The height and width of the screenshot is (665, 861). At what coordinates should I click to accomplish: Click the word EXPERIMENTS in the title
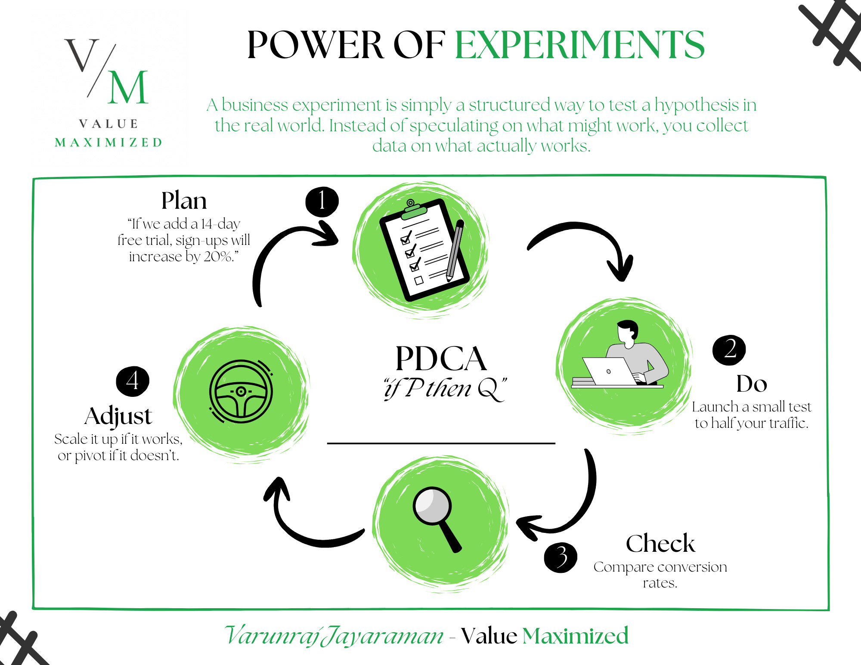[x=580, y=45]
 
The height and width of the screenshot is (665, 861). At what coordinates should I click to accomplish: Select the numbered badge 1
[x=322, y=201]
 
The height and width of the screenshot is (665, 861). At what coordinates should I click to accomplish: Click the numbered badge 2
[x=729, y=350]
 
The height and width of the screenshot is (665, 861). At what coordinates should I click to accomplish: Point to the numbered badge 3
[x=561, y=558]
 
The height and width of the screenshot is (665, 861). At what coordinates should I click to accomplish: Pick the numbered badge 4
[x=133, y=381]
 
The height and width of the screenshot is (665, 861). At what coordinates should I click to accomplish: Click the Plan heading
[x=184, y=201]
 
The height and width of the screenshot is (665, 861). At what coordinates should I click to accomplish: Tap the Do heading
[x=752, y=384]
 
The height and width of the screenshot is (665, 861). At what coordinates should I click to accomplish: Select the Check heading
[x=660, y=543]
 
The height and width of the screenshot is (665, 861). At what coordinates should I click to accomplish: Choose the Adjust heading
[x=118, y=417]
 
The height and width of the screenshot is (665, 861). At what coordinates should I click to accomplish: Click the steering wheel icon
[x=241, y=391]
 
